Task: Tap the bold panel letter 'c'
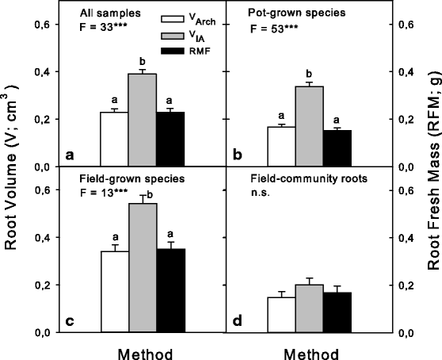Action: (x=70, y=320)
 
